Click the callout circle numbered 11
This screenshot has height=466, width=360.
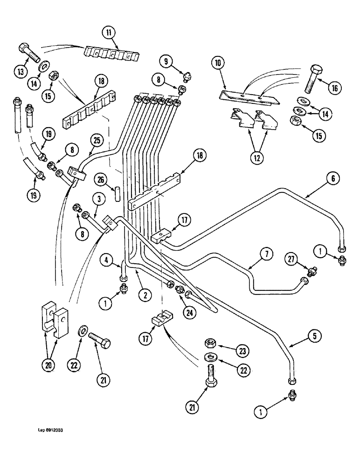coord(108,33)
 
